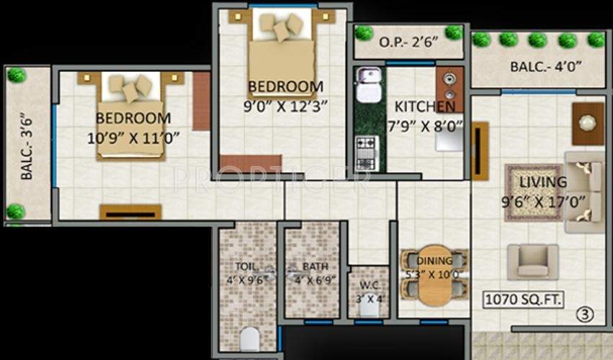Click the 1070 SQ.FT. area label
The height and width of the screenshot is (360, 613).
[x=524, y=299]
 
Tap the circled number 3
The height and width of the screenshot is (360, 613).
[x=586, y=314]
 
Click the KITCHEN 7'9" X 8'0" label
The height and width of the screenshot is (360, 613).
[x=425, y=116]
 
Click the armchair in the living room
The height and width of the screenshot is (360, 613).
[x=532, y=261]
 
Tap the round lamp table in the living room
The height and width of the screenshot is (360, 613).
[x=589, y=123]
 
